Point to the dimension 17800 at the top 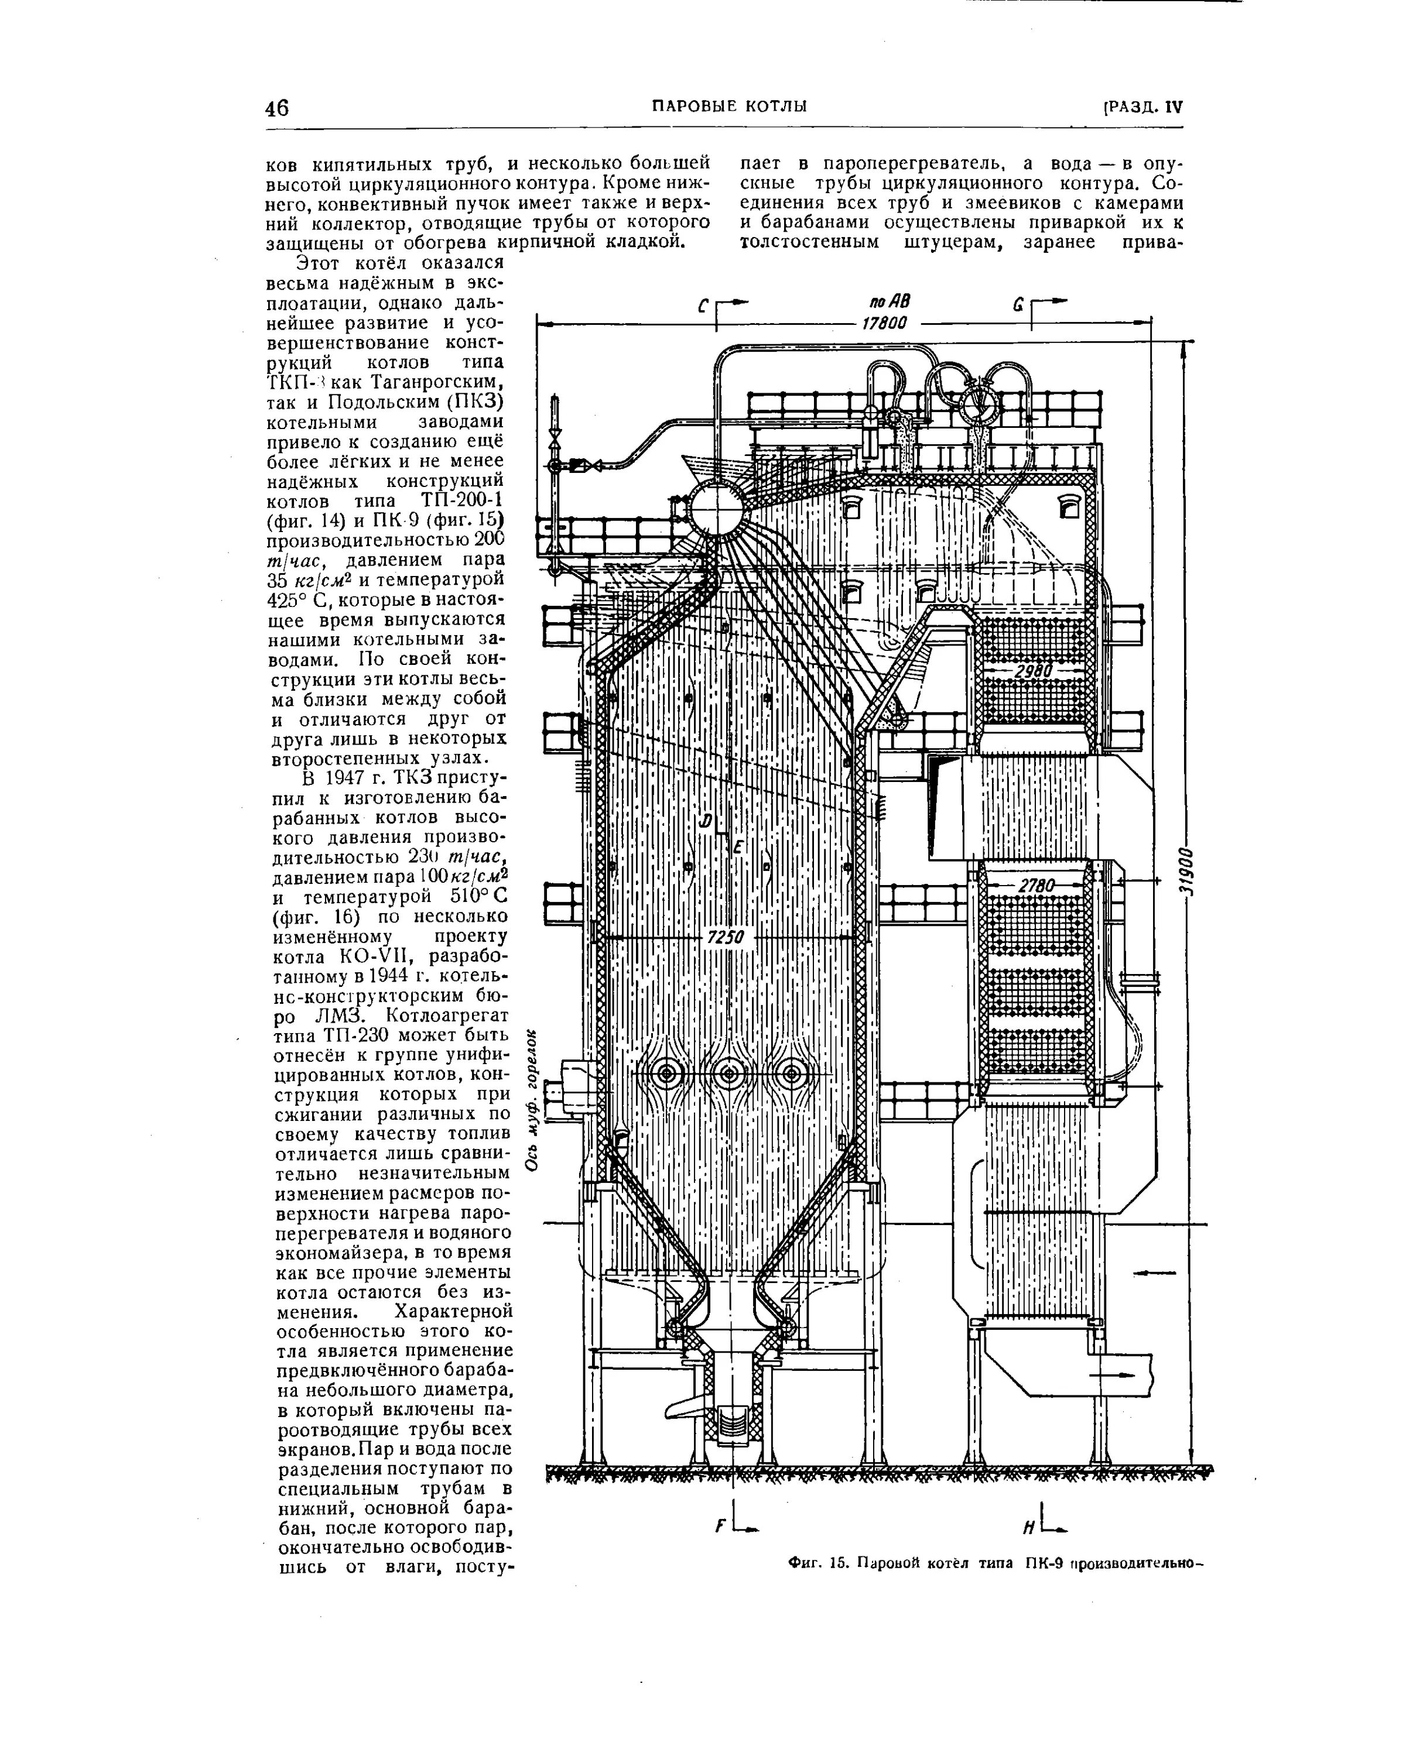point(885,323)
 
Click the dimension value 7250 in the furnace point(725,938)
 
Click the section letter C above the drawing point(704,307)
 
